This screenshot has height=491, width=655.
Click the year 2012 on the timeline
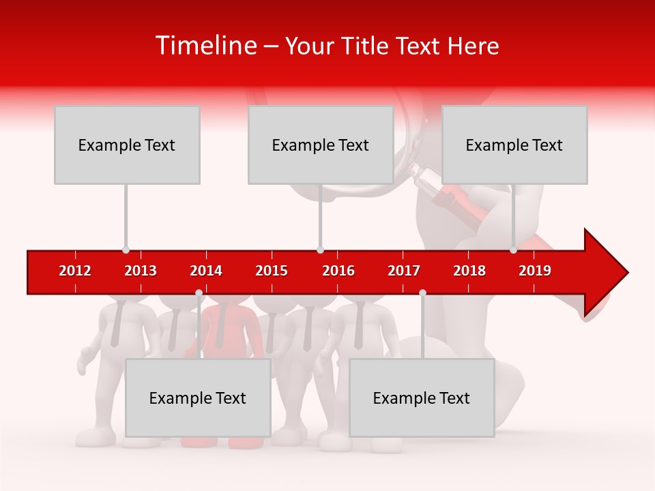pyautogui.click(x=75, y=271)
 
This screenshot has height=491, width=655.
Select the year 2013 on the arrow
pyautogui.click(x=141, y=271)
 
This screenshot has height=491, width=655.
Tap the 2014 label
pyautogui.click(x=206, y=271)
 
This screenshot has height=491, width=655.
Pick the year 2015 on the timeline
pyautogui.click(x=272, y=271)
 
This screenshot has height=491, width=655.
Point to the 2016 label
pyautogui.click(x=338, y=271)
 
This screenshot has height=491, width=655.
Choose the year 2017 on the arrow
pyautogui.click(x=404, y=271)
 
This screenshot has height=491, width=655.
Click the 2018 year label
pyautogui.click(x=469, y=271)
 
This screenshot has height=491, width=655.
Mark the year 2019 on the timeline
pyautogui.click(x=535, y=271)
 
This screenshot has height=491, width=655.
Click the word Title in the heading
pyautogui.click(x=366, y=46)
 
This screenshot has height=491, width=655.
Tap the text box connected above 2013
pyautogui.click(x=127, y=145)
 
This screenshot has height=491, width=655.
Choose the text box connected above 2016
pyautogui.click(x=321, y=145)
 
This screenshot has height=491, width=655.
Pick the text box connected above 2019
pyautogui.click(x=514, y=145)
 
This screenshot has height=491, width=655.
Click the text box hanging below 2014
pyautogui.click(x=198, y=398)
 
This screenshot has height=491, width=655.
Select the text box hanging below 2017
pyautogui.click(x=422, y=398)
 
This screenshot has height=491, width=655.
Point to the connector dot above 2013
pyautogui.click(x=126, y=250)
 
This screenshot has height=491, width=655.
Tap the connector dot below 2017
pyautogui.click(x=422, y=293)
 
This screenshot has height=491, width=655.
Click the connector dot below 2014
pyautogui.click(x=199, y=293)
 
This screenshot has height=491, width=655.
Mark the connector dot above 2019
pyautogui.click(x=513, y=250)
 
